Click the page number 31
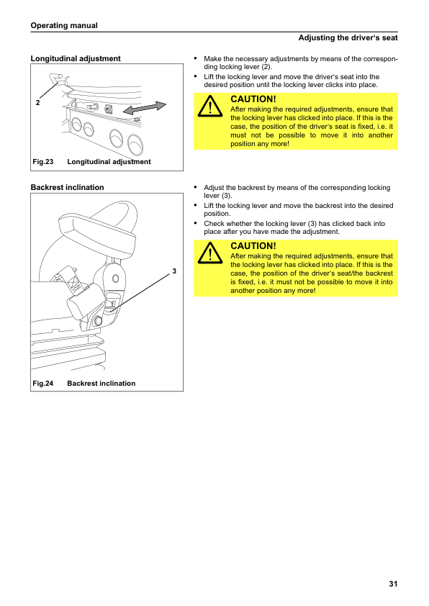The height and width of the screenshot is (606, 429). [x=393, y=584]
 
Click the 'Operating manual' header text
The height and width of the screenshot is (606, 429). [x=64, y=25]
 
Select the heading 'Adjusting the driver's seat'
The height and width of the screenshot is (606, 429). [x=348, y=38]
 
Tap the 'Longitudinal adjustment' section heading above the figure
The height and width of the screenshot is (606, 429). [x=76, y=58]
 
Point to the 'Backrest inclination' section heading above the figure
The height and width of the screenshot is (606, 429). [x=67, y=187]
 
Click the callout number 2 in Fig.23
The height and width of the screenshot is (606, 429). [x=37, y=103]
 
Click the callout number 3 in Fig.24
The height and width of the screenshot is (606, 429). [x=174, y=271]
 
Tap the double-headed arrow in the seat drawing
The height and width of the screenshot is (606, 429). [x=145, y=108]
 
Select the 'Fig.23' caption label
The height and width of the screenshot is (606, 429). [x=43, y=161]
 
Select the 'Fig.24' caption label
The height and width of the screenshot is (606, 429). [x=43, y=384]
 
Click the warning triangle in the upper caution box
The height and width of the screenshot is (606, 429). [x=210, y=106]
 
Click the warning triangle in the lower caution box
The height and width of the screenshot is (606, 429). [x=210, y=253]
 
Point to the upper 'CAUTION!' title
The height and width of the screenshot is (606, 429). [x=253, y=99]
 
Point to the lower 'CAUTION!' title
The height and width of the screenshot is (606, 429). [x=253, y=246]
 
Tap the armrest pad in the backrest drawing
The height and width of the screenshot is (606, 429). [x=96, y=237]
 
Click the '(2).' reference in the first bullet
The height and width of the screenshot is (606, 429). [x=267, y=67]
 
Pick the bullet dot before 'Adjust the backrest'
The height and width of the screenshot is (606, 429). [x=196, y=187]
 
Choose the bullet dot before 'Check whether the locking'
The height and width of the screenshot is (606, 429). [x=196, y=223]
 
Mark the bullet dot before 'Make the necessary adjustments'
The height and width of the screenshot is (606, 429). [x=196, y=58]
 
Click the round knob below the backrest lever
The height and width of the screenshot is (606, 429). [x=97, y=320]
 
